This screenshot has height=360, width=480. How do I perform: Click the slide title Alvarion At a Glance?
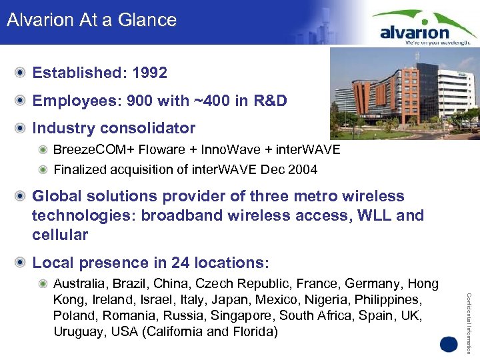(91, 20)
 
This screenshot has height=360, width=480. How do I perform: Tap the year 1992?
(149, 73)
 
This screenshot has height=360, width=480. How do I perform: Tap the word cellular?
(60, 235)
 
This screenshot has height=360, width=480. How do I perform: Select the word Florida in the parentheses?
(253, 331)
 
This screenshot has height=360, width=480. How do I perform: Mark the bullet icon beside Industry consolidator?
(22, 128)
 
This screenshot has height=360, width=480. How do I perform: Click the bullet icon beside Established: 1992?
(22, 73)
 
